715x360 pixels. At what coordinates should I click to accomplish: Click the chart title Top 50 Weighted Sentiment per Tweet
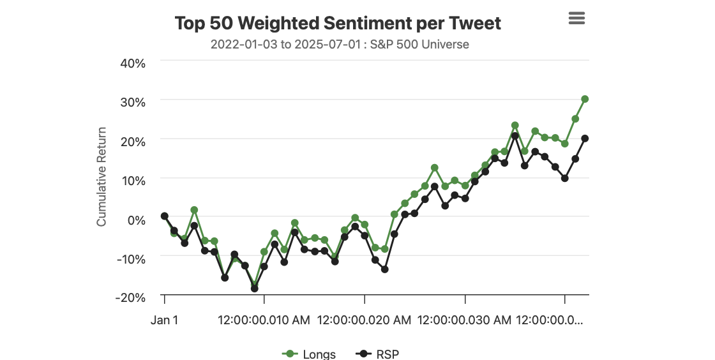[338, 24]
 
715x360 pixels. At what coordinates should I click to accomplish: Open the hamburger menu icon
[576, 18]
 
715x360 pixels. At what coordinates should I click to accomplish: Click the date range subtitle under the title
[340, 45]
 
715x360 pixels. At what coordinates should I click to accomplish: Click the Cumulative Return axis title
[102, 177]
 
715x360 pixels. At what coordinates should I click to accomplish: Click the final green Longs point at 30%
[585, 99]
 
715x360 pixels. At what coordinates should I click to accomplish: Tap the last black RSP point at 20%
[585, 139]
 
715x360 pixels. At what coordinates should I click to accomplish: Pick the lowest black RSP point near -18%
[255, 289]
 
